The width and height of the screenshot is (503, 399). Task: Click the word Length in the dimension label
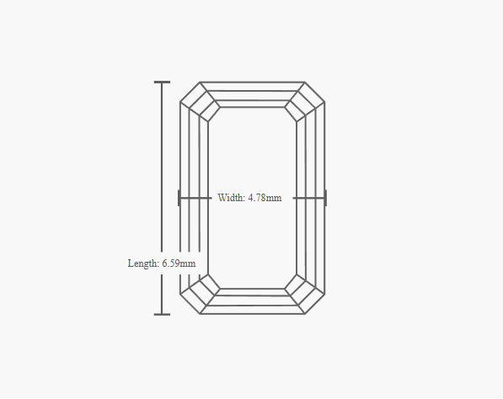point(143,263)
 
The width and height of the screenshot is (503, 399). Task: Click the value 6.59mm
point(179,263)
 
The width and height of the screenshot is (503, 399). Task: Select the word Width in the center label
point(231,198)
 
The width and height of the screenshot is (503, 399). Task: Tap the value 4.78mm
point(265,198)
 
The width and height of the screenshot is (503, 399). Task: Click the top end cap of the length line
point(162,82)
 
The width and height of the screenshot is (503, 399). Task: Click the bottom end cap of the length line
point(162,314)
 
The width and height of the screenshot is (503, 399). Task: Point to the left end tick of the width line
point(179,198)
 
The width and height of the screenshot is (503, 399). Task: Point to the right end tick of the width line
point(325,198)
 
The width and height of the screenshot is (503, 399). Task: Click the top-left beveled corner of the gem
point(190,92)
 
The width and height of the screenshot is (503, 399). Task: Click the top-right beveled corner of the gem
point(314,92)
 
